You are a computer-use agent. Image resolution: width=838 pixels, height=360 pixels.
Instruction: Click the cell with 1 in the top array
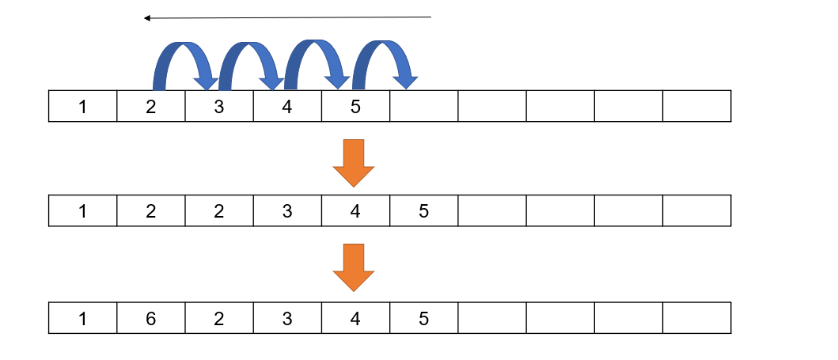coord(82,107)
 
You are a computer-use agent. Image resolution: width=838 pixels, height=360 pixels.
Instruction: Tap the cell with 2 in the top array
coord(150,107)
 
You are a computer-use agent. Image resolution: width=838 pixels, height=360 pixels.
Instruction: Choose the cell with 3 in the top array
coord(219,107)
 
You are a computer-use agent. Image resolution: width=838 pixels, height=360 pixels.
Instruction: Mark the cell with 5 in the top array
coord(355,107)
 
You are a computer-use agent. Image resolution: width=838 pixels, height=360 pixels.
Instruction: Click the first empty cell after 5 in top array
coord(423,107)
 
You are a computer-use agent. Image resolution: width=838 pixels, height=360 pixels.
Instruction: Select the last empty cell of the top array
coord(696,107)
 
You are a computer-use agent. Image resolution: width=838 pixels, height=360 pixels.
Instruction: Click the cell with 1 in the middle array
coord(82,210)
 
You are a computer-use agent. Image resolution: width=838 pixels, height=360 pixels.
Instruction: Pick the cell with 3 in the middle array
coord(287,210)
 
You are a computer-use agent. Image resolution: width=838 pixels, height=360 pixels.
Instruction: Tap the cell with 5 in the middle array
coord(423,210)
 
